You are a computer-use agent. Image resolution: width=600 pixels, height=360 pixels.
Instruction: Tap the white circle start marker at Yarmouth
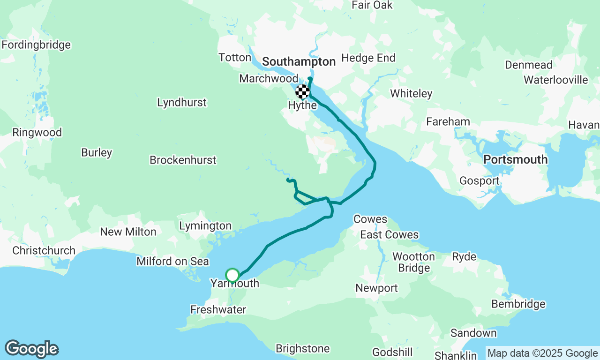tap(232, 275)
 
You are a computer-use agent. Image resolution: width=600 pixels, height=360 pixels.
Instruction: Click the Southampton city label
tap(299, 62)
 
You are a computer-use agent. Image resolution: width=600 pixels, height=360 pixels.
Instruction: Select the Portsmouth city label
tap(515, 159)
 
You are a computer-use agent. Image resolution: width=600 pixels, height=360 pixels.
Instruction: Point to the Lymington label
tap(205, 226)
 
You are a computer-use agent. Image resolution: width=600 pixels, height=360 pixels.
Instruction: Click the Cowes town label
tap(370, 219)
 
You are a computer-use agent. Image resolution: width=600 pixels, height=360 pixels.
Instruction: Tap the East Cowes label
tap(389, 235)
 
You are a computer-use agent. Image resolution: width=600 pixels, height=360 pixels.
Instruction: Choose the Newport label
tap(376, 288)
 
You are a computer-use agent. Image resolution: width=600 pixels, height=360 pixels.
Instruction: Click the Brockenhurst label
tap(183, 160)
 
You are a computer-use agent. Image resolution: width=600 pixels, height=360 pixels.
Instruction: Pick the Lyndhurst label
tap(181, 103)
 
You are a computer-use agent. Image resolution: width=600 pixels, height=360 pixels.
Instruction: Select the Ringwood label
tap(37, 133)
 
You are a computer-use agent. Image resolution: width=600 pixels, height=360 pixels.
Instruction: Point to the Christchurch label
tap(44, 250)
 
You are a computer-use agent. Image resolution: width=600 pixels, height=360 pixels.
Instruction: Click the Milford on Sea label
tap(172, 261)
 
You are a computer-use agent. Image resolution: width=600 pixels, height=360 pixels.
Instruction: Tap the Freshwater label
tap(218, 309)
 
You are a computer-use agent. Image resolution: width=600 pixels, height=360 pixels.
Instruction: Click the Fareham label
tap(448, 122)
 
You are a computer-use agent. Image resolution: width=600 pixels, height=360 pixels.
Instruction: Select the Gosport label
tap(479, 181)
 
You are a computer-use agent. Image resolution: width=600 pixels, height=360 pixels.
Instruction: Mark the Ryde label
tap(464, 256)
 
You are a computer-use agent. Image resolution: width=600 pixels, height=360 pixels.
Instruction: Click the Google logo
tap(31, 349)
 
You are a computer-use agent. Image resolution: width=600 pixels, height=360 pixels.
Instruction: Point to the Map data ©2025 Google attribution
tap(542, 353)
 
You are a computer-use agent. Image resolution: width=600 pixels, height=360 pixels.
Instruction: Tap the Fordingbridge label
tap(36, 45)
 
